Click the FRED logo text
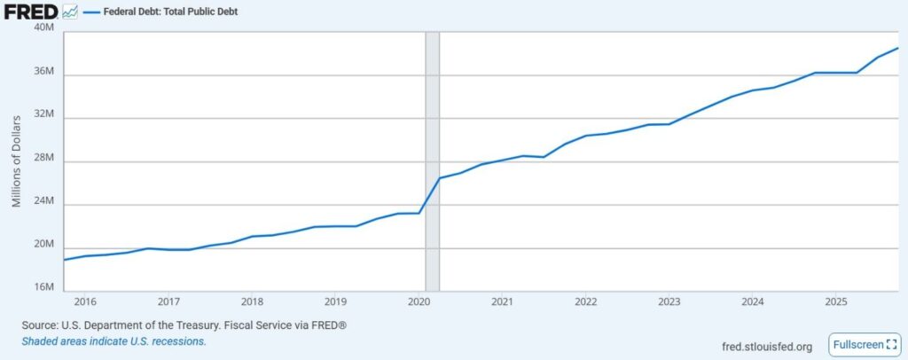tap(30, 12)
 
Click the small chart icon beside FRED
tap(70, 12)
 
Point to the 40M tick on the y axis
tap(44, 27)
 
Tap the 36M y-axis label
tap(44, 72)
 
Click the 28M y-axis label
tap(44, 159)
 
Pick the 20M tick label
tap(44, 246)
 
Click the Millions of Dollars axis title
tap(17, 160)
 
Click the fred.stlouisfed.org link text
tap(767, 346)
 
